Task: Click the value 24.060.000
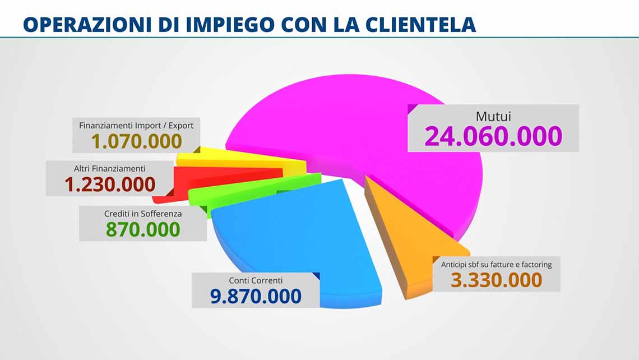click(493, 136)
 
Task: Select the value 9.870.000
click(256, 296)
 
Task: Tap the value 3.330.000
click(496, 280)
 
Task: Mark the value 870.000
click(143, 229)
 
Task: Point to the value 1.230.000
click(110, 184)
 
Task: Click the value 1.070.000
click(137, 141)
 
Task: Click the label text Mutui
click(493, 117)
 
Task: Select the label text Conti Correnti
click(256, 280)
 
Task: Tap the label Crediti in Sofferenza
click(143, 214)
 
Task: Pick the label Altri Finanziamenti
click(110, 168)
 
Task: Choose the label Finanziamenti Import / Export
click(136, 126)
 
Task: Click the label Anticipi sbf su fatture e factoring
click(497, 264)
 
